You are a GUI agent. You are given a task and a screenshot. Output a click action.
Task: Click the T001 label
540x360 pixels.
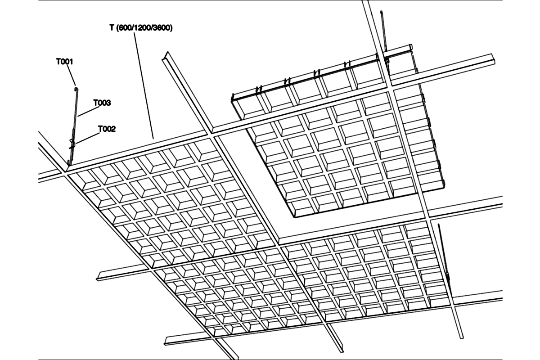[x=64, y=62]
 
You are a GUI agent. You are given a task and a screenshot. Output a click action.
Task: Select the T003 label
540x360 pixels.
[x=102, y=103]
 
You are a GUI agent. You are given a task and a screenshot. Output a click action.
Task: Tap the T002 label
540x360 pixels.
[x=107, y=129]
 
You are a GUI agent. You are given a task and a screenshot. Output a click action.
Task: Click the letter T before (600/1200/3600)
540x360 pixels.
[x=112, y=28]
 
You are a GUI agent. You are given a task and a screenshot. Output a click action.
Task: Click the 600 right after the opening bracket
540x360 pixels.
[x=125, y=28]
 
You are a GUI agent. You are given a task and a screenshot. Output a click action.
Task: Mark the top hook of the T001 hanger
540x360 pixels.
[x=76, y=89]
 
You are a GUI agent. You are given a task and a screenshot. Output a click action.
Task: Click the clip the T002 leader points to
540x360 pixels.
[x=72, y=144]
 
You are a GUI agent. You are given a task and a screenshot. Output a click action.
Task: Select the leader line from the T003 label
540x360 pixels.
[x=89, y=112]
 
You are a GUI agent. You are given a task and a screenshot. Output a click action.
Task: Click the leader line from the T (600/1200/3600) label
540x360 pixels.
[x=144, y=85]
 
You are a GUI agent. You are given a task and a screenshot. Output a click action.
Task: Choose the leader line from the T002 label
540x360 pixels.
[x=88, y=138]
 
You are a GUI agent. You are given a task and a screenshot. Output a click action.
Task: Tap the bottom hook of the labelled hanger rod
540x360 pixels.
[x=69, y=162]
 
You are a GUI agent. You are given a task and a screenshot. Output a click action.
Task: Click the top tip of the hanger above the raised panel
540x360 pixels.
[x=381, y=12]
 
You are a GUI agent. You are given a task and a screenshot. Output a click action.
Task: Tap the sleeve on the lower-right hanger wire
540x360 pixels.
[x=448, y=277]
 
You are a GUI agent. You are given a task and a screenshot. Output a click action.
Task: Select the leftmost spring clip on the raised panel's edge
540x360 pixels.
[x=258, y=89]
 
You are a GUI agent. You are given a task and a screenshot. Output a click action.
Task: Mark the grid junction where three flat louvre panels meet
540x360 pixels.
[x=279, y=245]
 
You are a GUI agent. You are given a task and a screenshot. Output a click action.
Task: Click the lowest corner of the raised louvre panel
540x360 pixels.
[x=295, y=217]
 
